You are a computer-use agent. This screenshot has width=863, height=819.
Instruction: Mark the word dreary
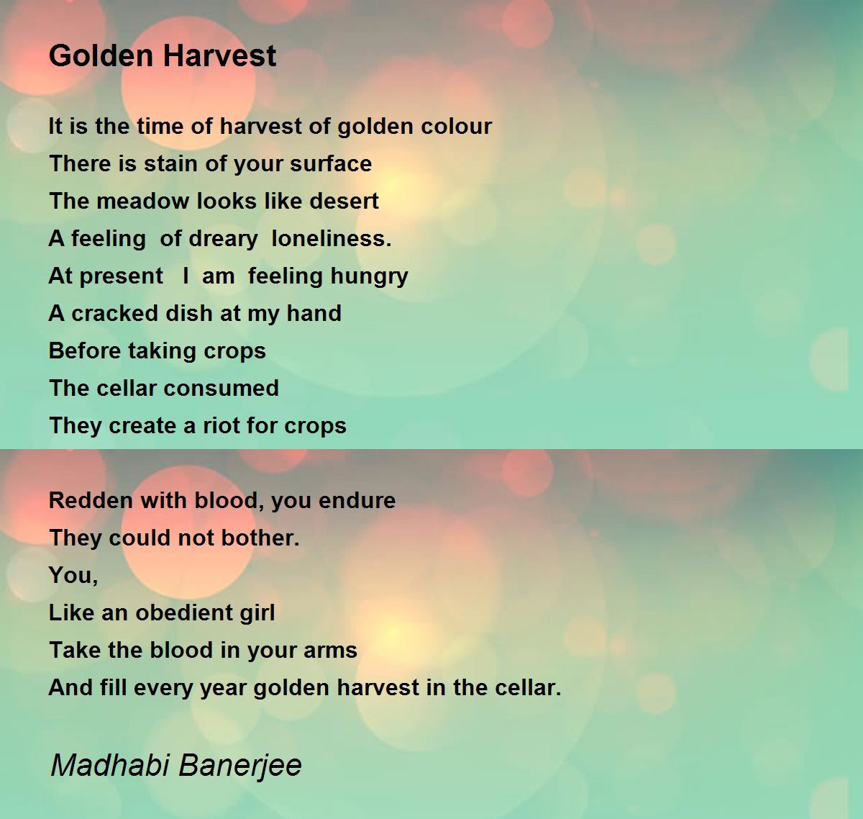click(222, 239)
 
